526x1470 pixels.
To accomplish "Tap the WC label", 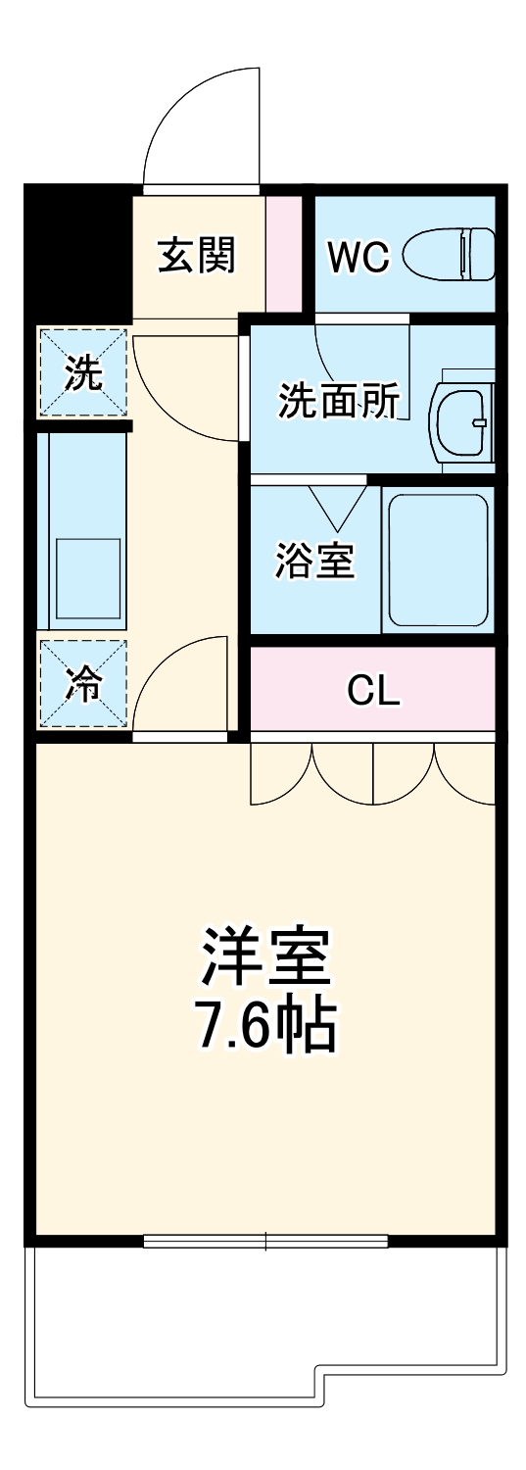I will coord(358,257).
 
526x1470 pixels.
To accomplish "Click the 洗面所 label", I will coord(339,401).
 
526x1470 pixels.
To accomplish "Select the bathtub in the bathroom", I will coord(438,560).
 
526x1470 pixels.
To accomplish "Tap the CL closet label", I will coord(373,691).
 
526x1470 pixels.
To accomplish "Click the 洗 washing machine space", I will coord(83,372).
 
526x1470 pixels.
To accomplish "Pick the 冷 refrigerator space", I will coord(83,684).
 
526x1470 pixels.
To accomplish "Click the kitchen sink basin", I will coord(88,578).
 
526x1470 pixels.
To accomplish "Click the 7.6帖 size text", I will coord(266,1024).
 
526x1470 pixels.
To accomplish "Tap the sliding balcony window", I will coord(265,1240).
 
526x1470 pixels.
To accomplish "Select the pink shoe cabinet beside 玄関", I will coord(284,253).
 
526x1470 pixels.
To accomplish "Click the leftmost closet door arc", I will coord(281,774).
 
